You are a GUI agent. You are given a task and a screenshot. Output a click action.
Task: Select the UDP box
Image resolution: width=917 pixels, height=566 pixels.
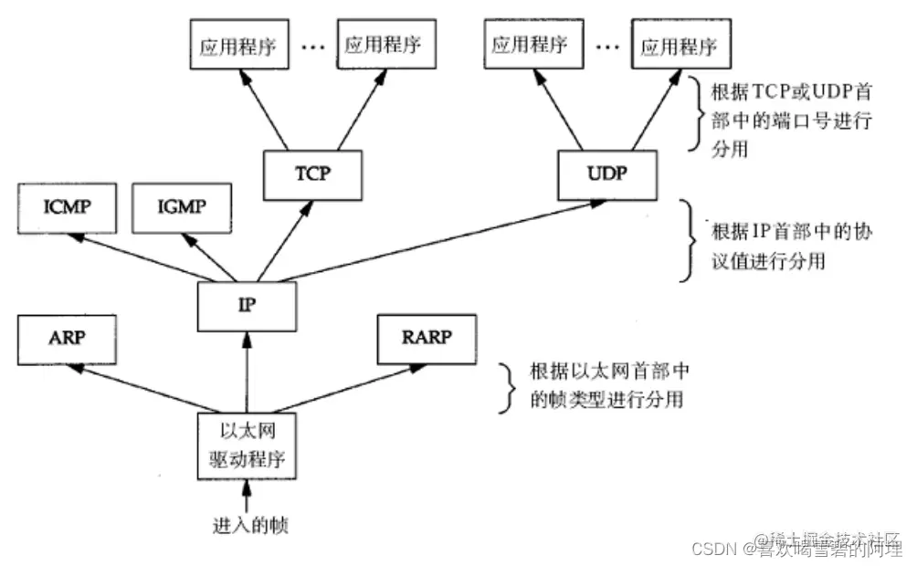click(608, 173)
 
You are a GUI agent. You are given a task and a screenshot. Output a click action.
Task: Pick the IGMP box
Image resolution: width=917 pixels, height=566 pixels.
click(182, 209)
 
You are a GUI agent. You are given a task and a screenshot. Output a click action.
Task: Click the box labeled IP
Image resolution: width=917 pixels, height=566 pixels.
click(247, 306)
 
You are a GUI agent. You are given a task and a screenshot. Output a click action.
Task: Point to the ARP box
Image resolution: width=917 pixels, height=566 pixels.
click(68, 339)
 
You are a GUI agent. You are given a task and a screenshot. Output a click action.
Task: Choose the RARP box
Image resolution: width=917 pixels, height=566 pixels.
click(427, 339)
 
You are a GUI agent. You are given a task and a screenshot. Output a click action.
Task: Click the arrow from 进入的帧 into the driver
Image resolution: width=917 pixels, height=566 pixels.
click(246, 495)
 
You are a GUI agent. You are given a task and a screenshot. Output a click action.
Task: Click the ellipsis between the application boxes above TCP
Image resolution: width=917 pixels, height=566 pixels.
click(312, 46)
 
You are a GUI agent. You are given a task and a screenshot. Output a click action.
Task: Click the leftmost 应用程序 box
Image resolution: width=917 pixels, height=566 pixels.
click(238, 44)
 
